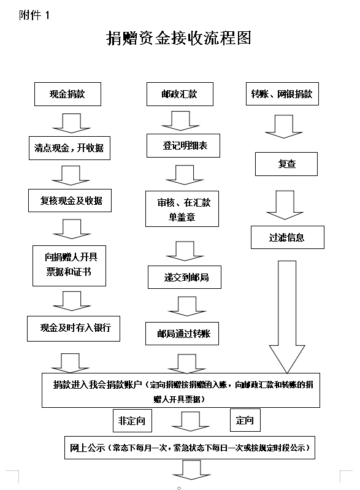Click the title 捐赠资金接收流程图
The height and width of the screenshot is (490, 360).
click(178, 38)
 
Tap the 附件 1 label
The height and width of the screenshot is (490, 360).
click(34, 15)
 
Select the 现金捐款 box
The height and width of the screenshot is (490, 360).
click(67, 94)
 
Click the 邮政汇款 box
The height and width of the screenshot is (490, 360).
click(180, 94)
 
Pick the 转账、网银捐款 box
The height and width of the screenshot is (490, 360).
click(282, 94)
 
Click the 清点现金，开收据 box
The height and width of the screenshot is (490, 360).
click(69, 148)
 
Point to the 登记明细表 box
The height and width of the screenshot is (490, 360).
click(183, 145)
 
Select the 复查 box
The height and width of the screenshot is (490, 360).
click(286, 164)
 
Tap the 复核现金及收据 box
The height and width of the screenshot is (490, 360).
click(70, 201)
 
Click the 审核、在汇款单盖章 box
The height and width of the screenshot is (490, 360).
click(182, 209)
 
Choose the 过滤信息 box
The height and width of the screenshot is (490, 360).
click(288, 237)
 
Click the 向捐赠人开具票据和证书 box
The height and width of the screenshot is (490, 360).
click(69, 266)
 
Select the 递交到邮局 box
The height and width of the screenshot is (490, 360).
click(185, 277)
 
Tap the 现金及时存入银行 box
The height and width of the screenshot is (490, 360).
click(74, 329)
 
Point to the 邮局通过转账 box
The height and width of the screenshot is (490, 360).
click(182, 334)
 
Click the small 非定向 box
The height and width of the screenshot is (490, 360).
click(132, 421)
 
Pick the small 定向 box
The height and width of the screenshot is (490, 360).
click(245, 420)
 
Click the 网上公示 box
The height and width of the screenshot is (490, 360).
click(190, 448)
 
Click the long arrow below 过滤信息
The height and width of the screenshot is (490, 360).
click(287, 317)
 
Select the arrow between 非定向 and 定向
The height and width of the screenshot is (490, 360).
click(190, 421)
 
